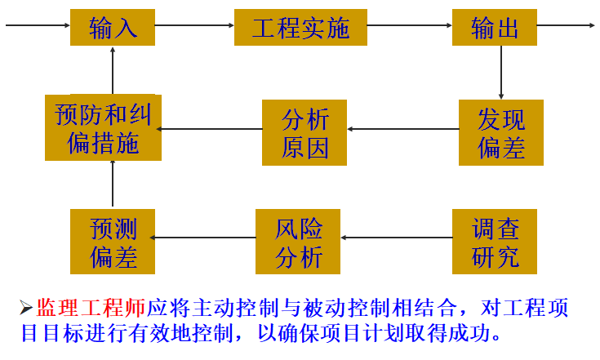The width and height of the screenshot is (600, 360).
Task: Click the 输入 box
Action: tap(113, 28)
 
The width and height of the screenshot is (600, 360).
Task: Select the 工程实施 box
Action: tap(300, 28)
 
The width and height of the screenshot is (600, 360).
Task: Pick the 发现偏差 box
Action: tap(500, 133)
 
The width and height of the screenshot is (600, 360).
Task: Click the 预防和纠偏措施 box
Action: tap(103, 128)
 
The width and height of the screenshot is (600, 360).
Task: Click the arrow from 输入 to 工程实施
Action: tap(194, 25)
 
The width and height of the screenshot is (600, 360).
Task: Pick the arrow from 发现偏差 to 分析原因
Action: tap(403, 129)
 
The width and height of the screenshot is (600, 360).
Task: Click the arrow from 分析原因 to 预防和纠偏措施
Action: tap(211, 129)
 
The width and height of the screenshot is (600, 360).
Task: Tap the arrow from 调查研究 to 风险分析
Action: tap(397, 238)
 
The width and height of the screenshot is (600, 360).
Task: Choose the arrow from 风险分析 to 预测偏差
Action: tap(204, 238)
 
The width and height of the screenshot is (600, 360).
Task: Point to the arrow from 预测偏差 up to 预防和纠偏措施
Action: tap(113, 184)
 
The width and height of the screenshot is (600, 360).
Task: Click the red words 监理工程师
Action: tap(91, 309)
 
